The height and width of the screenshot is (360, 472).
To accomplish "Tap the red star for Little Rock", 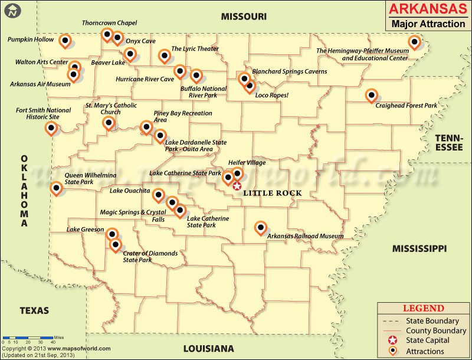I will [237, 186].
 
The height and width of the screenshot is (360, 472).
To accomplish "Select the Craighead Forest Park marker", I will [371, 94].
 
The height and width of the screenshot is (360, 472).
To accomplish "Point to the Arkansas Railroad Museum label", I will [305, 236].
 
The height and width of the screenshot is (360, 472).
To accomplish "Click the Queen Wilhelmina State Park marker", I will [56, 188].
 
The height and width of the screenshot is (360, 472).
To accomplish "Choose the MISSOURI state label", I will [244, 17].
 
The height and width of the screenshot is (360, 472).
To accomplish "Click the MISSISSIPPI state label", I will [419, 249].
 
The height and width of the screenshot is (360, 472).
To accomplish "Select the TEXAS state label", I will [34, 310].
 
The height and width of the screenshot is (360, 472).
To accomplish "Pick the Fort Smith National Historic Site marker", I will [52, 128].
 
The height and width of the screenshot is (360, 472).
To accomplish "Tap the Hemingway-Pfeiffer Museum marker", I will [415, 42].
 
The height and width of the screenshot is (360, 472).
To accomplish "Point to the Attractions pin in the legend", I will [393, 352].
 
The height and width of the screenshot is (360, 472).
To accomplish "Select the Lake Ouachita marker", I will [159, 195].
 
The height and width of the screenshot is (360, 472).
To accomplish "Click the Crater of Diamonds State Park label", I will [150, 257].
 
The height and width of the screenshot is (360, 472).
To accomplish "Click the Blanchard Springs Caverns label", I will [289, 71].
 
